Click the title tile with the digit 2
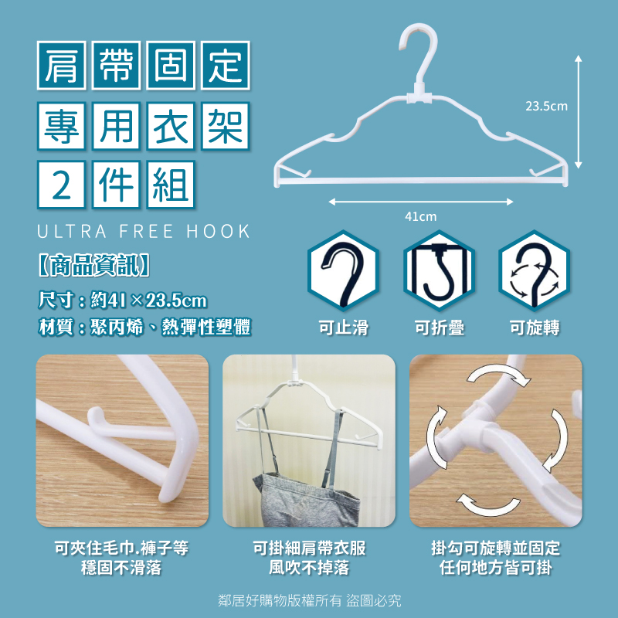coord(62,185)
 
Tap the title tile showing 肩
coord(62,66)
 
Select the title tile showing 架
coord(225,126)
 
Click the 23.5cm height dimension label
coord(547,106)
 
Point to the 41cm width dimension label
coord(421,216)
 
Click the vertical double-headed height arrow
coord(578,112)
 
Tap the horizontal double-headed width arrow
coord(421,202)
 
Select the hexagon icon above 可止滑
coord(343,271)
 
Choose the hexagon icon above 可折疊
coord(439,271)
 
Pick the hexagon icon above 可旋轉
coord(535,271)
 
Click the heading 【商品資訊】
coord(93,265)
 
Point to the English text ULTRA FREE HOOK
coord(144,231)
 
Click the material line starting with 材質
coord(144,327)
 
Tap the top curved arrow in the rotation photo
coord(497,373)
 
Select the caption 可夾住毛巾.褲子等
coord(122,548)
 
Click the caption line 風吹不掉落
coord(310,568)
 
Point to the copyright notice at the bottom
coord(310,601)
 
